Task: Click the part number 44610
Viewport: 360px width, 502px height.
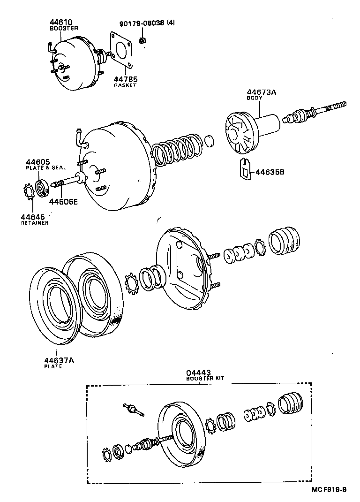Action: tap(61, 22)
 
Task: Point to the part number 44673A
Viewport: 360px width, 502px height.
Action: tap(262, 92)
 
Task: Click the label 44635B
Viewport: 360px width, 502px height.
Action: tap(270, 172)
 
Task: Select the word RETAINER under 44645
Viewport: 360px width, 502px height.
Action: tap(34, 223)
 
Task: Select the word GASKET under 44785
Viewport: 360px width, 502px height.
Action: tap(125, 86)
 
